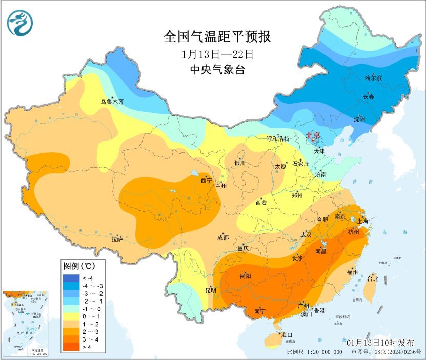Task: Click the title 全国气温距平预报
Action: click(217, 37)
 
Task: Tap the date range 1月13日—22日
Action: click(217, 54)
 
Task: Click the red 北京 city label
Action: click(313, 135)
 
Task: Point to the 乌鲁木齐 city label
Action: click(112, 102)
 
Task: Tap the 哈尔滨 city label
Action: click(374, 78)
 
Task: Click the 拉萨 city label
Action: click(117, 238)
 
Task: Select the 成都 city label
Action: click(223, 237)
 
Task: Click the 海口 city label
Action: click(287, 335)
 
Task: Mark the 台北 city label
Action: click(372, 279)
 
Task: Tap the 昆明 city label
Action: click(211, 290)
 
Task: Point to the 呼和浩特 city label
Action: click(278, 139)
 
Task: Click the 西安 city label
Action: click(261, 203)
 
